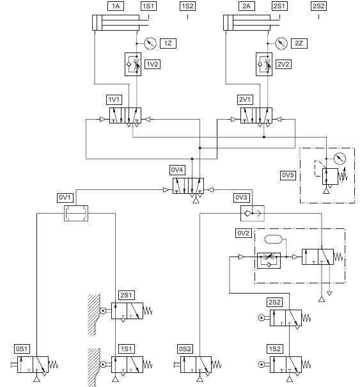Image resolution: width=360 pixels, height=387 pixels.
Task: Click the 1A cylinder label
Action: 116,6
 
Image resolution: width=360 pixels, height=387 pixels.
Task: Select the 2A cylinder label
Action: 246,6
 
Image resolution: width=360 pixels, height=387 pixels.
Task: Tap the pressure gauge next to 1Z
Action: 150,43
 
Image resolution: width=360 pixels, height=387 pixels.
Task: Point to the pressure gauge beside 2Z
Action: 281,43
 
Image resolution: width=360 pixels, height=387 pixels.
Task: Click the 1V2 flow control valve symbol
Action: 133,64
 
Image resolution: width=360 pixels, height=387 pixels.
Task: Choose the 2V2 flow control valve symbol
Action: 264,64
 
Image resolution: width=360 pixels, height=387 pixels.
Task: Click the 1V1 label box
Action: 114,99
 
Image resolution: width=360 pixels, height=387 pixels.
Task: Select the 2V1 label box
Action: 245,99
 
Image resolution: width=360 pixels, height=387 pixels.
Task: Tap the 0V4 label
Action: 177,170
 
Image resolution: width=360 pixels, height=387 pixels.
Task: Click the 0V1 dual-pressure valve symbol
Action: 76,213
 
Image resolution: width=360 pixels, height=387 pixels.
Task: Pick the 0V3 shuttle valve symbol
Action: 253,213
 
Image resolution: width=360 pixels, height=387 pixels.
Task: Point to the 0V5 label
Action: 288,175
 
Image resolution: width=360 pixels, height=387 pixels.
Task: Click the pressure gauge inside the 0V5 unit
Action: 340,159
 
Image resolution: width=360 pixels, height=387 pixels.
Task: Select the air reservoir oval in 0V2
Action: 273,239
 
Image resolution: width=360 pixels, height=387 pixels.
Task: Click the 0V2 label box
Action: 243,233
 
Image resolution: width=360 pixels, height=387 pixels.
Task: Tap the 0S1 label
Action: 22,349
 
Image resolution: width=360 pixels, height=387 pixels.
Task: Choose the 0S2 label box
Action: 185,349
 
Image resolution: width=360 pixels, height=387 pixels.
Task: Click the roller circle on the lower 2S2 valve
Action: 262,318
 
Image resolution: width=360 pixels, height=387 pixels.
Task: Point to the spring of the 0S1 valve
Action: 53,365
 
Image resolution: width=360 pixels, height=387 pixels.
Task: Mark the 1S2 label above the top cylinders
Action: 187,6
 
